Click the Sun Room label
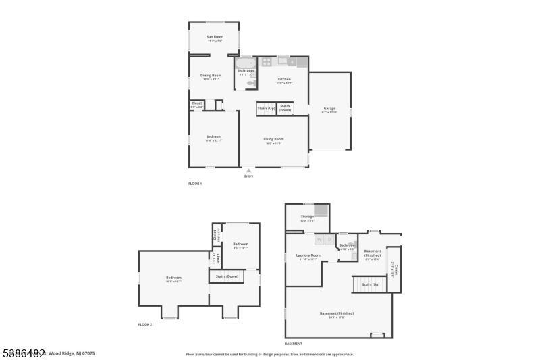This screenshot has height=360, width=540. pyautogui.click(x=215, y=36)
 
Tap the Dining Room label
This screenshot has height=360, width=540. pyautogui.click(x=211, y=76)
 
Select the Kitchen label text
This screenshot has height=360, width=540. pyautogui.click(x=283, y=79)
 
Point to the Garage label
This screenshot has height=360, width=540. pyautogui.click(x=329, y=108)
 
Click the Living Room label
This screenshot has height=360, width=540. pyautogui.click(x=273, y=139)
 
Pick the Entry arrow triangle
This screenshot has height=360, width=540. pyautogui.click(x=248, y=170)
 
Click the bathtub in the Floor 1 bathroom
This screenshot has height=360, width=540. pyautogui.click(x=245, y=63)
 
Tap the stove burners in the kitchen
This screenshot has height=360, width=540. pyautogui.click(x=267, y=61)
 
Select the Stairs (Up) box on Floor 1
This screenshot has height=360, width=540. pyautogui.click(x=267, y=108)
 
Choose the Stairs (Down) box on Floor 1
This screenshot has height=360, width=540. pyautogui.click(x=286, y=108)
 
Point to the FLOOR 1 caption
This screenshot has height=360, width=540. pyautogui.click(x=194, y=184)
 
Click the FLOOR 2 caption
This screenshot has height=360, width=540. pyautogui.click(x=145, y=325)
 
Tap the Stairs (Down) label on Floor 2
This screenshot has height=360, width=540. pyautogui.click(x=227, y=276)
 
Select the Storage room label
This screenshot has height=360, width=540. pyautogui.click(x=307, y=217)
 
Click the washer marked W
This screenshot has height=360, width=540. pyautogui.click(x=319, y=239)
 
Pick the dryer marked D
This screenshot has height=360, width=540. pyautogui.click(x=329, y=239)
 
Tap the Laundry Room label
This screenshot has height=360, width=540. pyautogui.click(x=308, y=255)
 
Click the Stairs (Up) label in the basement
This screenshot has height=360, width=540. pyautogui.click(x=371, y=284)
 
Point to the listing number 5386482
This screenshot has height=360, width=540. pyautogui.click(x=23, y=353)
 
